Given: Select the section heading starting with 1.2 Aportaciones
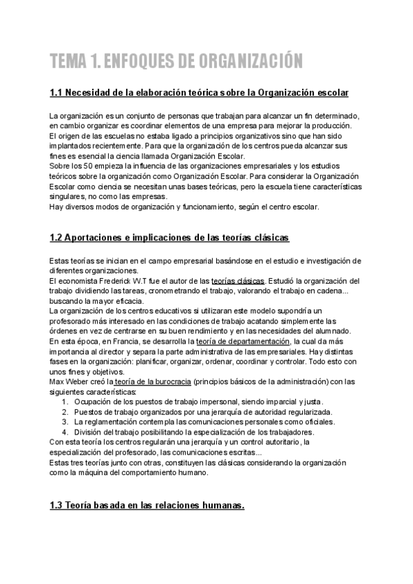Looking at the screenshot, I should (x=169, y=238).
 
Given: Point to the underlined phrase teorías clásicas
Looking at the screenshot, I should (x=237, y=281).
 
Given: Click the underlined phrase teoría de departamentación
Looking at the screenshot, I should (x=244, y=341).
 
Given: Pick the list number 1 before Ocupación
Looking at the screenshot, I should (x=65, y=401).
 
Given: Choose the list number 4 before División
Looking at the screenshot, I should (x=65, y=432).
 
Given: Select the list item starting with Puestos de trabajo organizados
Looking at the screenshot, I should (x=192, y=411).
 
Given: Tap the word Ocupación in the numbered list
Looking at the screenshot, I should (x=94, y=401).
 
